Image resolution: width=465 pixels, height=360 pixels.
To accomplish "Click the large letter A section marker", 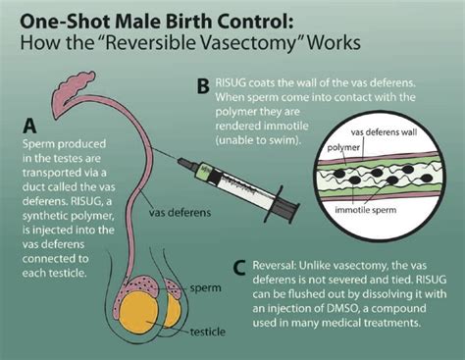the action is [30, 126].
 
